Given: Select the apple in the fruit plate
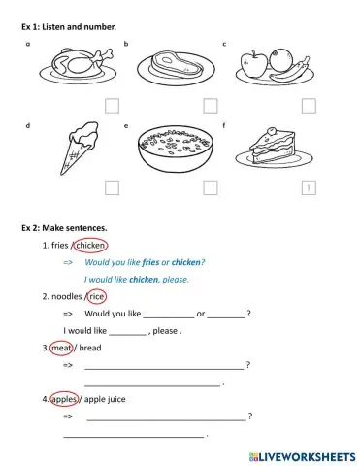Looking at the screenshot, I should pyautogui.click(x=253, y=65).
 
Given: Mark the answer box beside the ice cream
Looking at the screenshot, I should pyautogui.click(x=112, y=186).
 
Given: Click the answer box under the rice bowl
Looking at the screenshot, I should pyautogui.click(x=211, y=186).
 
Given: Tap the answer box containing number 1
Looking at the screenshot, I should pyautogui.click(x=309, y=187).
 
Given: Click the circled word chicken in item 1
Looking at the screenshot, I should pyautogui.click(x=90, y=246).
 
